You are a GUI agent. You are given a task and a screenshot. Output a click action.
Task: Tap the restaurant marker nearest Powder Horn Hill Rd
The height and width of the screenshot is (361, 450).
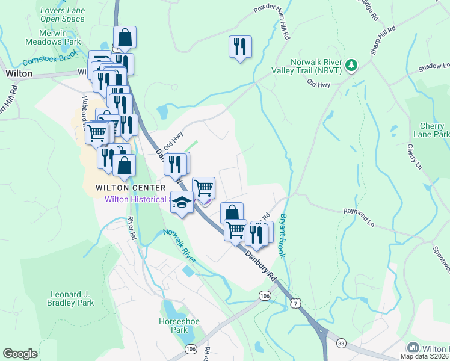click(240, 47)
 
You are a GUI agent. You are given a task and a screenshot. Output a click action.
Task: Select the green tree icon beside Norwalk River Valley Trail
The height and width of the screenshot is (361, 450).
click(352, 64)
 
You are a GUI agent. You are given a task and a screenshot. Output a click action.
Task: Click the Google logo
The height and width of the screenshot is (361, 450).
click(20, 354)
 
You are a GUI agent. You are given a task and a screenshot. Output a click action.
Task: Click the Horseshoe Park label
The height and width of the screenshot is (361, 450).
click(173, 326)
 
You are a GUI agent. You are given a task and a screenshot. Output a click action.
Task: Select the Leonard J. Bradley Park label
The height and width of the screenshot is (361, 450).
click(71, 298)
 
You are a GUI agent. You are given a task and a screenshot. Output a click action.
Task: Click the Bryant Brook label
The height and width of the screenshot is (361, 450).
click(283, 235)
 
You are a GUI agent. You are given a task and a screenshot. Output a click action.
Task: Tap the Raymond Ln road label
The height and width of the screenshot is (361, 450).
click(359, 212)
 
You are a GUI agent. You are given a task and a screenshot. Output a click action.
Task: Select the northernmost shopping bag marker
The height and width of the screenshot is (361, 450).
click(125, 37)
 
